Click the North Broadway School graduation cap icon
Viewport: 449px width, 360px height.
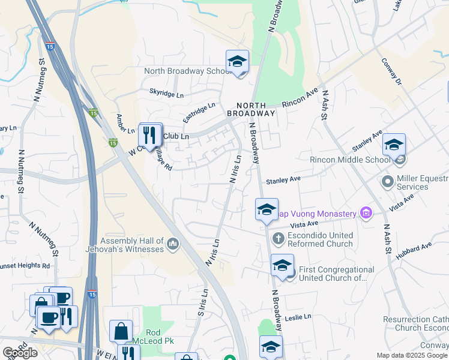(237, 62)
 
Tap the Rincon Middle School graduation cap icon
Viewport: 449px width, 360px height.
(394, 146)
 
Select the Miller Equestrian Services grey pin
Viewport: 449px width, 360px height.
(387, 181)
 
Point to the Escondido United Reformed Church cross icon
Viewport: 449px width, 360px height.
(277, 239)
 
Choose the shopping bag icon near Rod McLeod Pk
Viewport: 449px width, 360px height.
(121, 331)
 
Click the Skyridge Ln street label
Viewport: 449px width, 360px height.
(166, 95)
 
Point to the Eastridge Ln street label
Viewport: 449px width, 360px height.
(199, 112)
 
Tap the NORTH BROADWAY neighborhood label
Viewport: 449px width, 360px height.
(251, 108)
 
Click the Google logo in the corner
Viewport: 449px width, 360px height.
(20, 352)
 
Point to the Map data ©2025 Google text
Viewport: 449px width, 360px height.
(411, 355)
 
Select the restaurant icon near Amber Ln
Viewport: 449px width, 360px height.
(150, 135)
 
